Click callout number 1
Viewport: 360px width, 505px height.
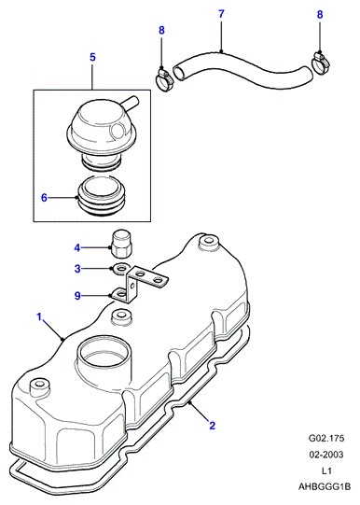coord(39,317)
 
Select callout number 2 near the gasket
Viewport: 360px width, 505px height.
coord(212,426)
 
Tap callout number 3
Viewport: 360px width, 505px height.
coord(77,268)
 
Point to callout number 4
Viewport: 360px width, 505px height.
coord(76,248)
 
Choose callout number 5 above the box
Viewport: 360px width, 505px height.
coord(92,57)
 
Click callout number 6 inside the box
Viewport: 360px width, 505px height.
coord(44,198)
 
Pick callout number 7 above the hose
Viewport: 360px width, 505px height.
coord(221,14)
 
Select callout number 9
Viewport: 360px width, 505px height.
coord(77,295)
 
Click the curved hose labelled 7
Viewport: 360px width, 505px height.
coord(242,74)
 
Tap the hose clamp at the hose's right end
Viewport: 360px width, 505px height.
coord(321,63)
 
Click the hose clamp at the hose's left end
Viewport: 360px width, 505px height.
coord(165,79)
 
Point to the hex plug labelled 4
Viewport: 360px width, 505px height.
coord(120,244)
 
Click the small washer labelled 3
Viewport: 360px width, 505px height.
coord(121,268)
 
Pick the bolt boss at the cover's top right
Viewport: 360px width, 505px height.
coord(209,243)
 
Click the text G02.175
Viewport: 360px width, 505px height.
coord(326,438)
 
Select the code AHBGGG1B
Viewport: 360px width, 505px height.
coord(324,486)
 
